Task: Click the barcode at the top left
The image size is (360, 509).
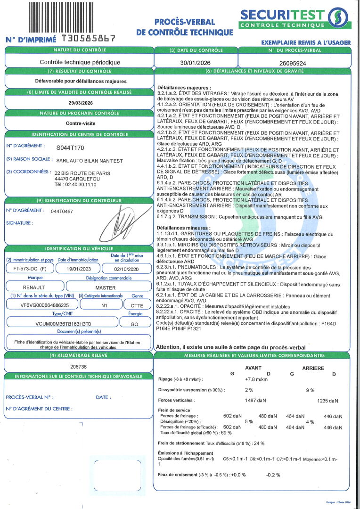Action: (71, 16)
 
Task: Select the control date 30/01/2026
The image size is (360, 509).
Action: (196, 62)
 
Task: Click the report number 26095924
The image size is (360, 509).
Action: (293, 62)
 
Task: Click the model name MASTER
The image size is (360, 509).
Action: (106, 287)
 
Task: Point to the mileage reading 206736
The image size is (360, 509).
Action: (78, 366)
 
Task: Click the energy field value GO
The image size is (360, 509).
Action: (135, 323)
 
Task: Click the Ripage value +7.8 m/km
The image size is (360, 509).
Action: (256, 379)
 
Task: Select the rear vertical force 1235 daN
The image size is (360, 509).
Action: (327, 401)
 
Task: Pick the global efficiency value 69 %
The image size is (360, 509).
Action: (226, 433)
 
